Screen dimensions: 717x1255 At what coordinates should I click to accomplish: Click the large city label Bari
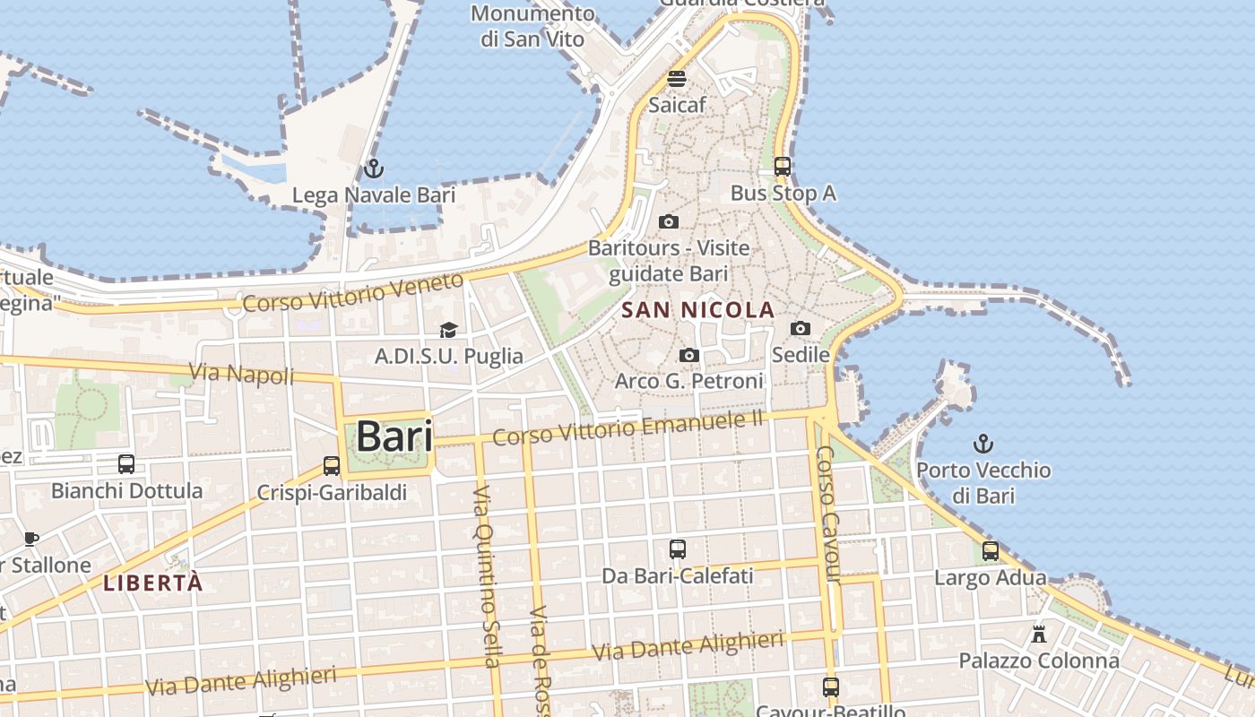pyautogui.click(x=394, y=436)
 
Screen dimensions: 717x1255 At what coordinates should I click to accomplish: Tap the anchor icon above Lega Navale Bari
pyautogui.click(x=373, y=168)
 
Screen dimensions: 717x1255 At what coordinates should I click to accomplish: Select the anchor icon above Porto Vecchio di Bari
pyautogui.click(x=983, y=443)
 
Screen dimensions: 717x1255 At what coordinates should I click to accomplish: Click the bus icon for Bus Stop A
pyautogui.click(x=783, y=166)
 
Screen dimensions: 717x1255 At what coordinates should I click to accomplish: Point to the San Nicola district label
pyautogui.click(x=697, y=310)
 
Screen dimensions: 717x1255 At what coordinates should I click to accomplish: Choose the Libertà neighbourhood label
pyautogui.click(x=153, y=583)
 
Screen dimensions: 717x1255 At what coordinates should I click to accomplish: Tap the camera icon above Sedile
pyautogui.click(x=801, y=328)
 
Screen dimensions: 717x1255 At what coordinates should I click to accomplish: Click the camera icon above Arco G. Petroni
pyautogui.click(x=688, y=355)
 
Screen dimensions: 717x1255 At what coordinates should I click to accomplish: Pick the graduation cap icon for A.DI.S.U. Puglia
pyautogui.click(x=448, y=330)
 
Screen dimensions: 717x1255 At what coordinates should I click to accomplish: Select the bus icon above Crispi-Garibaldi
pyautogui.click(x=332, y=465)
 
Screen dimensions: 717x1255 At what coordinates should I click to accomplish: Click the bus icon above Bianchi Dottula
pyautogui.click(x=126, y=463)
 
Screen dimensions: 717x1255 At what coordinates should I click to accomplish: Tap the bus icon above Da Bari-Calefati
pyautogui.click(x=678, y=549)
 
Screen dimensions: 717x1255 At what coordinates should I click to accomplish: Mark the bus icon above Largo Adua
pyautogui.click(x=991, y=550)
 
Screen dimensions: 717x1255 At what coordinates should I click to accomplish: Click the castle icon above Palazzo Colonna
pyautogui.click(x=1039, y=634)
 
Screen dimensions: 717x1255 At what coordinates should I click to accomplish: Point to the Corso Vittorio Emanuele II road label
pyautogui.click(x=627, y=427)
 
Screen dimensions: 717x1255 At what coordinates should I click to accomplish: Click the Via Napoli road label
pyautogui.click(x=241, y=373)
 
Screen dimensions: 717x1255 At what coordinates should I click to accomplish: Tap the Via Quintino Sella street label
pyautogui.click(x=485, y=577)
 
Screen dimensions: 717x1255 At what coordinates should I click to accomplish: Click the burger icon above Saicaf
pyautogui.click(x=677, y=78)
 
